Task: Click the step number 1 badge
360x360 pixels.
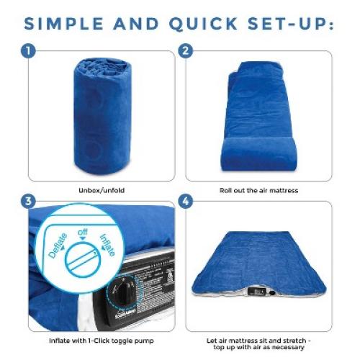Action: click(x=28, y=52)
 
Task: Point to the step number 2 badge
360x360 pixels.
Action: click(x=186, y=52)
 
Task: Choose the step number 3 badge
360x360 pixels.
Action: click(x=28, y=201)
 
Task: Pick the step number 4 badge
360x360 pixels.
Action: click(x=186, y=201)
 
